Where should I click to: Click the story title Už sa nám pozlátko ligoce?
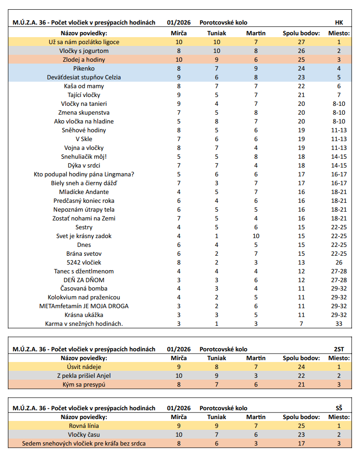click(x=84, y=42)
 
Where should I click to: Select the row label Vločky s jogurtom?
click(x=84, y=51)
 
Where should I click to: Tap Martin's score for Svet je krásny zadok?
click(x=256, y=236)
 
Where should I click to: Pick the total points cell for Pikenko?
click(x=301, y=69)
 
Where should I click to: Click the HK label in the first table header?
click(x=339, y=23)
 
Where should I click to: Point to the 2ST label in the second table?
click(x=339, y=349)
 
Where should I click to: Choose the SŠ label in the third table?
click(x=339, y=408)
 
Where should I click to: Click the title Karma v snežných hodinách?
click(x=84, y=324)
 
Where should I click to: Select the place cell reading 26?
click(x=339, y=262)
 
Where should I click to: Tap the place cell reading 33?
click(x=339, y=324)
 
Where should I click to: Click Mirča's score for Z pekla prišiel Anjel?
click(x=179, y=375)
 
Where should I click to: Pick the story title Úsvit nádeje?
click(x=84, y=367)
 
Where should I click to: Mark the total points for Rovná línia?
click(x=301, y=426)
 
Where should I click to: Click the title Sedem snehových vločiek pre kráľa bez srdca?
click(x=84, y=444)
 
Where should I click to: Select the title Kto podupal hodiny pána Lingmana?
click(x=84, y=175)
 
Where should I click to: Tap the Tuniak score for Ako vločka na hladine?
click(x=217, y=122)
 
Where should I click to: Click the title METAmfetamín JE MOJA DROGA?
click(x=84, y=306)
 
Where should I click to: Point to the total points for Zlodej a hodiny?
click(x=301, y=60)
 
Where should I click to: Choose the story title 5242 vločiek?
click(x=84, y=262)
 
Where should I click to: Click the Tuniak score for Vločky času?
click(x=217, y=435)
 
